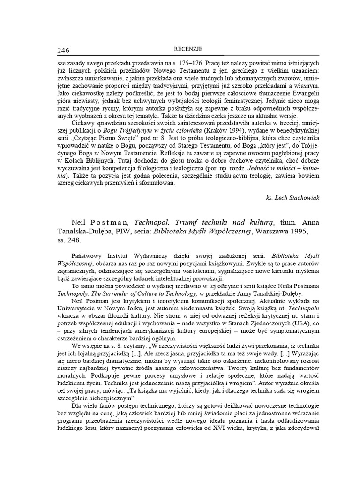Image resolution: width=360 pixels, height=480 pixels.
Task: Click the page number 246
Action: pos(64,51)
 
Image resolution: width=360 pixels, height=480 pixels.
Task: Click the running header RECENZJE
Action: pos(187,49)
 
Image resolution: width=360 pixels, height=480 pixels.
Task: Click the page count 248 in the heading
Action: pos(75,241)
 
